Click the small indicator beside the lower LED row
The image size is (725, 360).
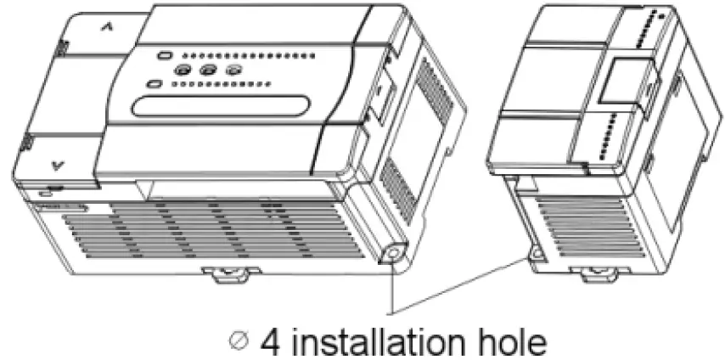[154, 84]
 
